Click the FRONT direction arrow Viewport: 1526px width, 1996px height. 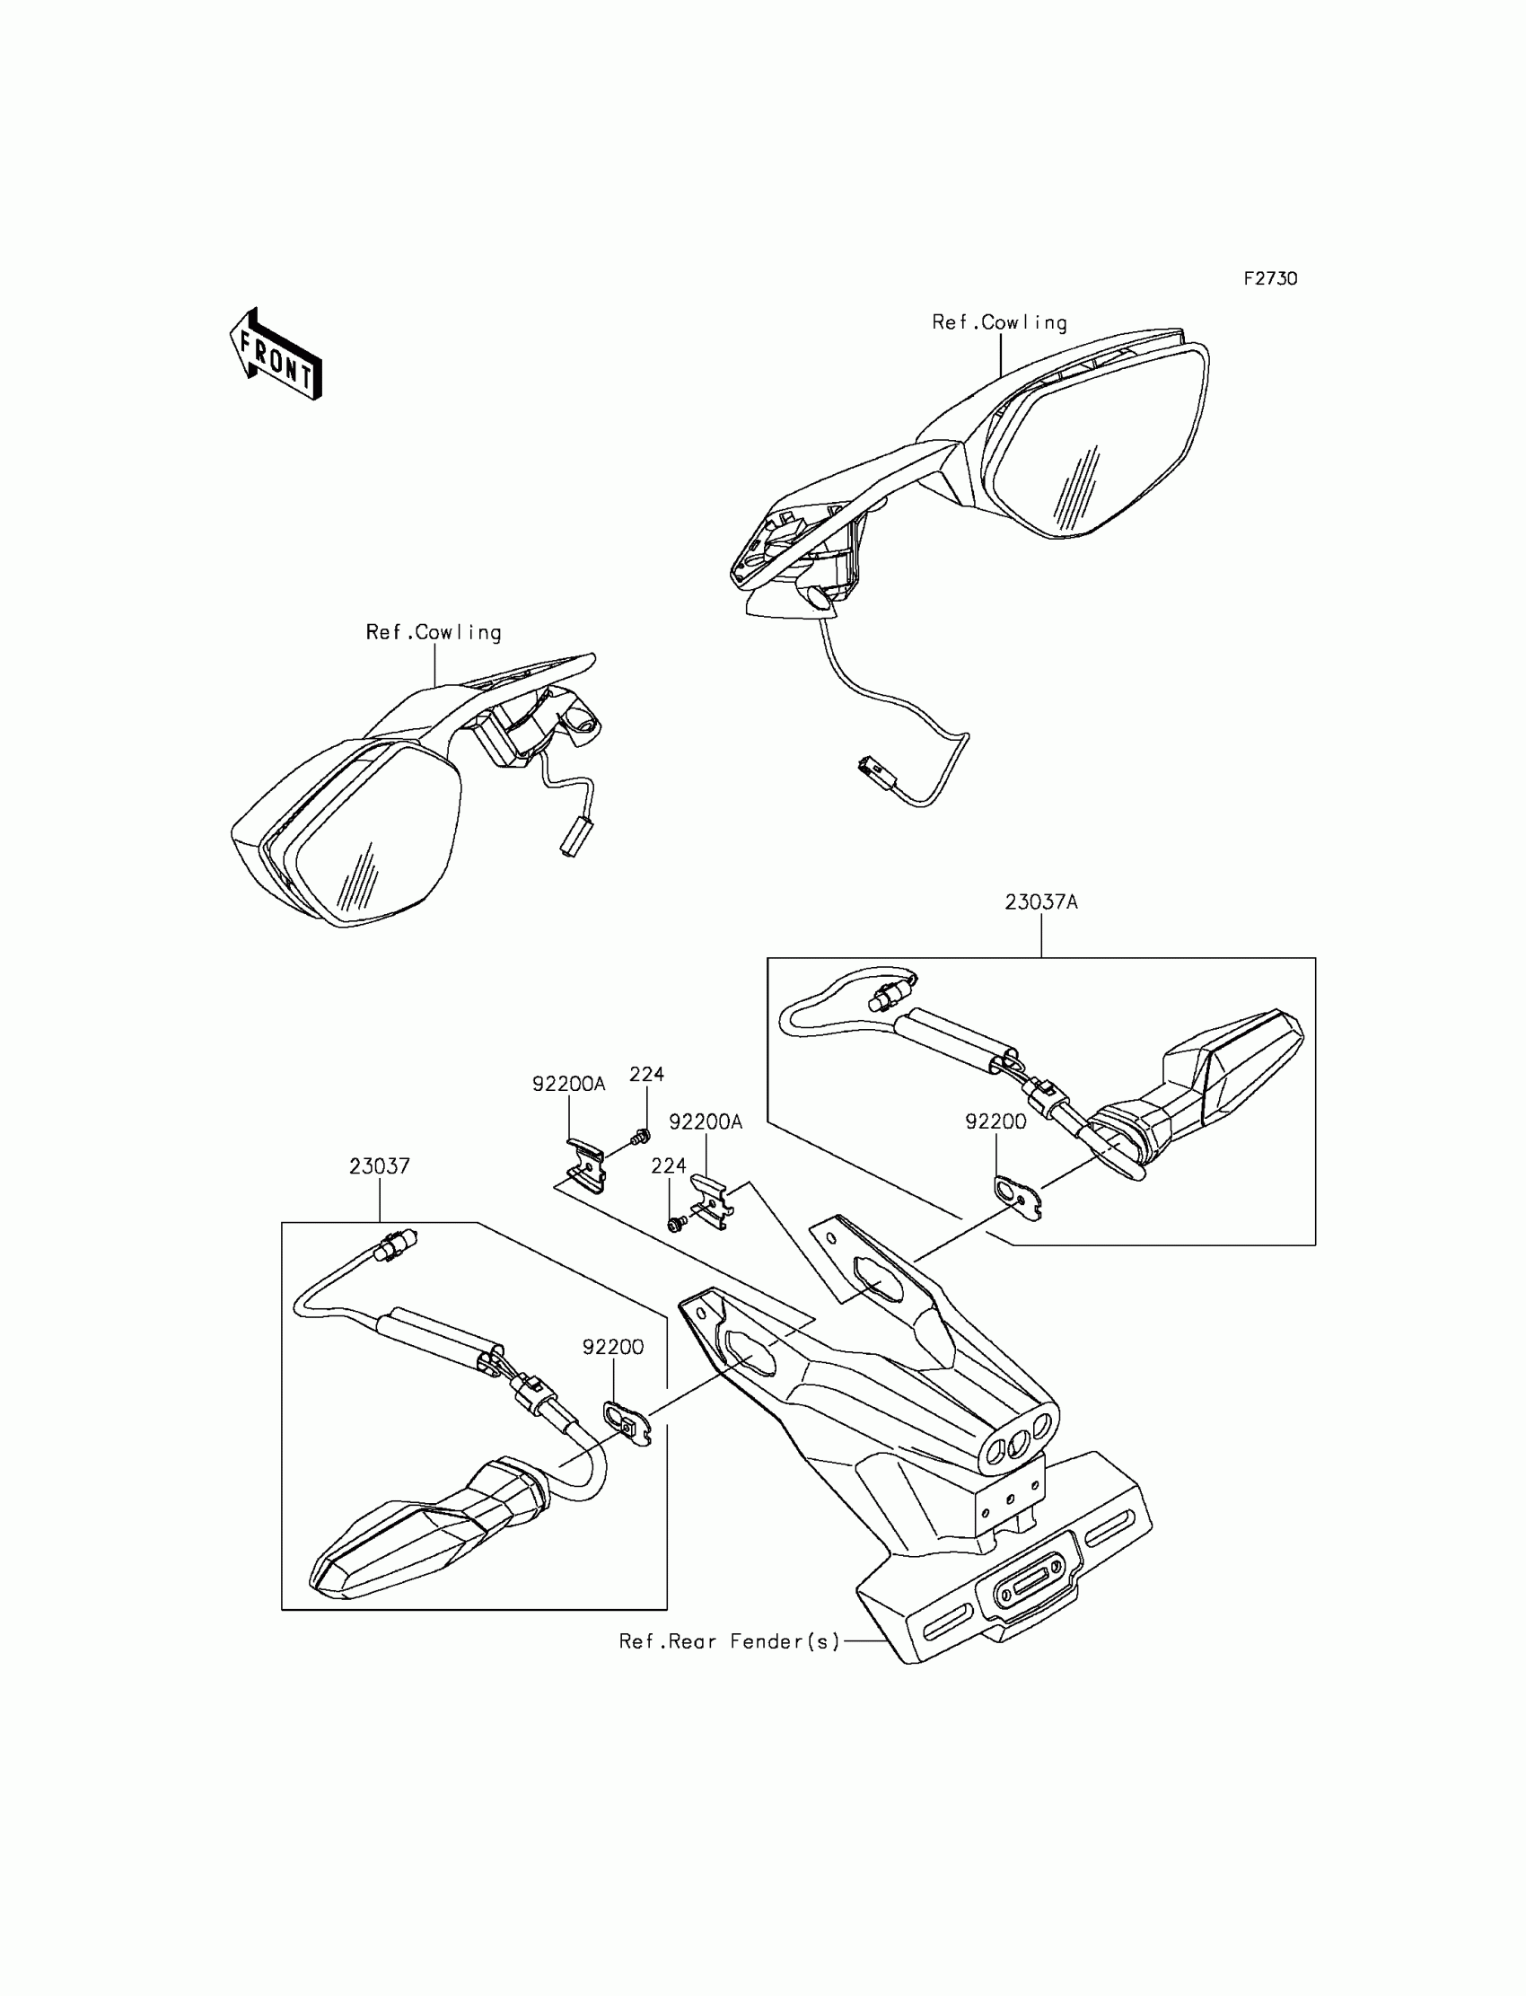coord(276,356)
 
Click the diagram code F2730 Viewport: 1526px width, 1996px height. coord(1270,279)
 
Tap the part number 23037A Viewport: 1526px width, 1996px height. coord(1041,902)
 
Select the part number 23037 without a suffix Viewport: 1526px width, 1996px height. coord(379,1165)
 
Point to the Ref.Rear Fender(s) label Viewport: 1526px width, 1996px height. coord(730,1641)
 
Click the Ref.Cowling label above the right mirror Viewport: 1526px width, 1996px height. coord(999,322)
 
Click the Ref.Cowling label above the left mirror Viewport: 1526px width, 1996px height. coord(434,632)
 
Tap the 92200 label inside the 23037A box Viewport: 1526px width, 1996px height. coord(995,1122)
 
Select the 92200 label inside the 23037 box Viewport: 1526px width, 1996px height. coord(613,1347)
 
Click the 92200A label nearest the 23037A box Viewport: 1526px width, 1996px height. coord(706,1122)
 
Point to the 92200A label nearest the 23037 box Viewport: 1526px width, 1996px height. coord(568,1084)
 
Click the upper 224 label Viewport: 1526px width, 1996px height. coord(646,1074)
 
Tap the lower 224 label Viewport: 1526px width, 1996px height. coord(669,1165)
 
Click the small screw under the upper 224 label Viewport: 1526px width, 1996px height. coord(642,1135)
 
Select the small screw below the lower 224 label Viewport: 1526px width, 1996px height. coord(675,1226)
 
